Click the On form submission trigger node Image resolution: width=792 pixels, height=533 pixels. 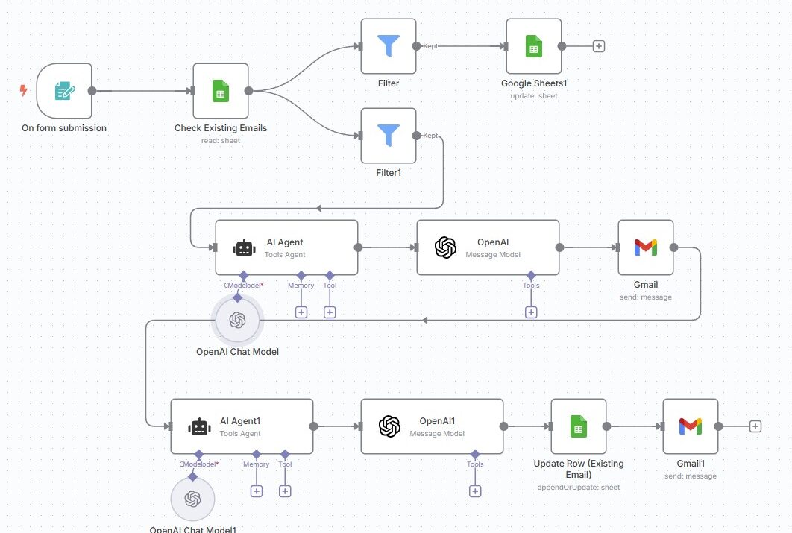point(64,91)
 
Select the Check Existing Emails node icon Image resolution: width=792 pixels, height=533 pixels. point(221,91)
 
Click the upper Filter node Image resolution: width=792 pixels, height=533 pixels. point(388,46)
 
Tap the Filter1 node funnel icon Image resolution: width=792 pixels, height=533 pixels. point(388,135)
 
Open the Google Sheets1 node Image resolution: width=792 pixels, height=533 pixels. point(533,46)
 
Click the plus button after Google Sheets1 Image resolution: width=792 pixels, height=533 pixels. point(598,46)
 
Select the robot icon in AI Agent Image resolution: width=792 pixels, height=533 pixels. point(243,247)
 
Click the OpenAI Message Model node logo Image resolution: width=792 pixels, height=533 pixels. point(445,247)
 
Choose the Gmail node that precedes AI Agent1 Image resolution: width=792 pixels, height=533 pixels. point(645,247)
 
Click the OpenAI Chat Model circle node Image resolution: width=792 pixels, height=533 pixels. point(237,320)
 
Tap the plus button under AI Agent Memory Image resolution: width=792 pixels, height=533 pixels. point(301,312)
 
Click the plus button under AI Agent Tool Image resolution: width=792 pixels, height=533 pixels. point(330,312)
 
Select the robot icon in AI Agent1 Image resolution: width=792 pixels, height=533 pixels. point(198,426)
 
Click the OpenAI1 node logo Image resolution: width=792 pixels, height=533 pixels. point(389,426)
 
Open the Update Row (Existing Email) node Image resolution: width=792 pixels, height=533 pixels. point(578,426)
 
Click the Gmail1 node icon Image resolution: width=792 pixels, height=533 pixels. point(690,426)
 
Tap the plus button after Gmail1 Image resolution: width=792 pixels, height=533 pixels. point(755,426)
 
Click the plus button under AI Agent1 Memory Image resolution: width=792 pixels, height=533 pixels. point(257,491)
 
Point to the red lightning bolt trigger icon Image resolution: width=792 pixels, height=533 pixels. point(23,91)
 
